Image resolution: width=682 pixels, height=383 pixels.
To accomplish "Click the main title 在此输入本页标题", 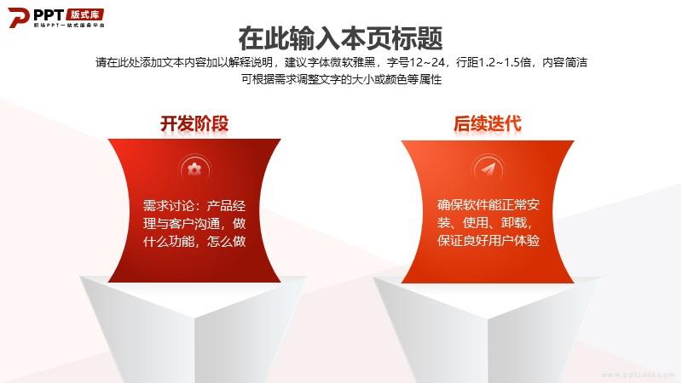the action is pos(340,38).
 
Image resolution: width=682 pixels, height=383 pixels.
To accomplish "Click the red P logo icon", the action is pos(18,18).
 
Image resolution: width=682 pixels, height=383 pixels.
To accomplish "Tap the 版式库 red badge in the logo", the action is pos(84,14).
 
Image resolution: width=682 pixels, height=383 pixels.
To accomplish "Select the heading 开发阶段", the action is pos(194,123).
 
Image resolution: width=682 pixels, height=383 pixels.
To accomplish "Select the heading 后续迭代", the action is pos(487,123).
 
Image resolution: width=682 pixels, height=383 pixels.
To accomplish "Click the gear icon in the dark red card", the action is pos(194,169).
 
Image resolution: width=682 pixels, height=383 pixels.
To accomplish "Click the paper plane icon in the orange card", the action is pos(488,169).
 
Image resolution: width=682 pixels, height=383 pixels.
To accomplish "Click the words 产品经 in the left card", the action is pos(226,205).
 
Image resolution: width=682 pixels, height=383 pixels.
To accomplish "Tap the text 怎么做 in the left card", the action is pos(226,241).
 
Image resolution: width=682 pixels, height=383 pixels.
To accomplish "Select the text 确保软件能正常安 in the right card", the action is pos(488,204).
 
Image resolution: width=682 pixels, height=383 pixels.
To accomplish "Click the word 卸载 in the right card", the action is pos(513,222).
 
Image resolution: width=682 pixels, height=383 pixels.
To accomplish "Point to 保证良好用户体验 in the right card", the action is pos(488,240).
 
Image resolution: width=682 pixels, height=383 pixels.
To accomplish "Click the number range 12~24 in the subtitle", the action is pos(427,62).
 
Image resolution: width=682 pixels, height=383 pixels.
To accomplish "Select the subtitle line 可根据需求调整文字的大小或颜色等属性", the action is pos(342,79).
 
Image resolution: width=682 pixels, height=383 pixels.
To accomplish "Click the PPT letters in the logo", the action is pos(49,15).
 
